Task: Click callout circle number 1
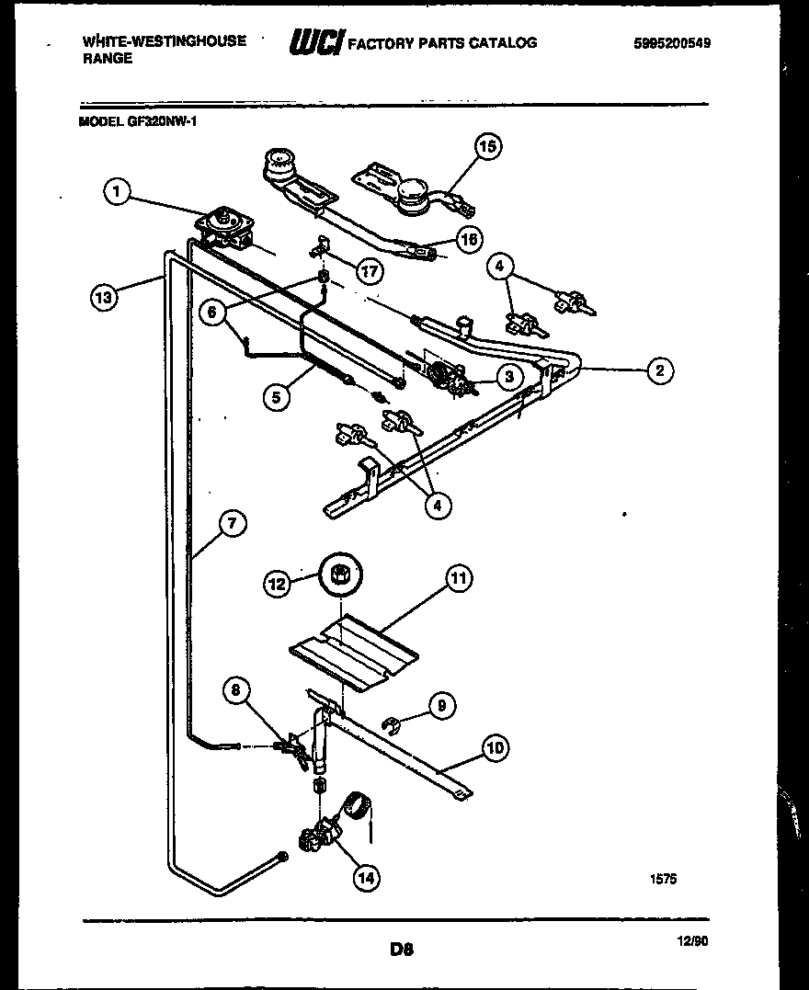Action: (115, 191)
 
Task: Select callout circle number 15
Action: (488, 146)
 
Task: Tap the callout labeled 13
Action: (104, 297)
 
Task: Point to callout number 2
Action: (659, 370)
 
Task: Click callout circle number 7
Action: (232, 523)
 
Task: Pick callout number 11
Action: (459, 577)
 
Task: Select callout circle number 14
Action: (366, 878)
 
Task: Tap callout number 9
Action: (441, 706)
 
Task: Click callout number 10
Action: (495, 747)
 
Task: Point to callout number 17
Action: (370, 271)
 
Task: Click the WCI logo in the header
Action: (316, 42)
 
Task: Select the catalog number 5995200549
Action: (672, 42)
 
